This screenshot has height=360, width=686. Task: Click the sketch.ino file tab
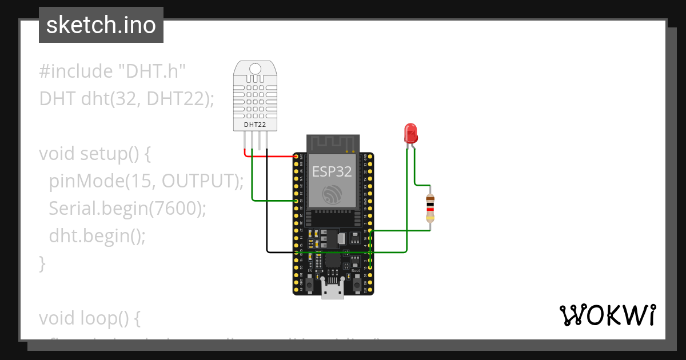(101, 25)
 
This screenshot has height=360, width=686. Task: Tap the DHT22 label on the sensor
(255, 124)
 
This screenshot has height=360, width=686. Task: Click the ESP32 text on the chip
(332, 171)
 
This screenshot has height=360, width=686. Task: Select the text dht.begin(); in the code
(97, 235)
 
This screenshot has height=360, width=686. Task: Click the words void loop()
(89, 318)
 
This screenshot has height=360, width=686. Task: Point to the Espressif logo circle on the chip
(332, 194)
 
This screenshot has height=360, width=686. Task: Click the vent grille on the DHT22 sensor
(255, 97)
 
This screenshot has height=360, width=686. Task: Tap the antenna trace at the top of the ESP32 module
(332, 143)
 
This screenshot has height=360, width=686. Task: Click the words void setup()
(94, 154)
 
